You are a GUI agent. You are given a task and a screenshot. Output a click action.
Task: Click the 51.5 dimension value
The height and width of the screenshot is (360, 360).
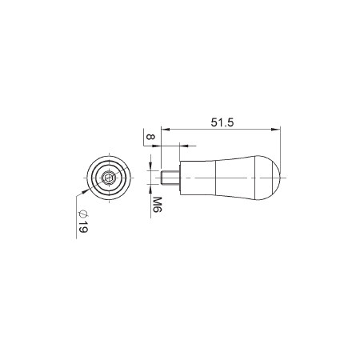point(222,122)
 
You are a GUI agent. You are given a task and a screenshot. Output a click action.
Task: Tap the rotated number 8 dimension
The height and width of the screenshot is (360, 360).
point(150,137)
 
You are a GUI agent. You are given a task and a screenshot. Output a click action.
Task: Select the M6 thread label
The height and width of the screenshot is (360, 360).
point(157,205)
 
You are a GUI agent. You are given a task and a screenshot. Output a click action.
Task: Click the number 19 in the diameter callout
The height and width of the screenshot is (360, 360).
point(83,226)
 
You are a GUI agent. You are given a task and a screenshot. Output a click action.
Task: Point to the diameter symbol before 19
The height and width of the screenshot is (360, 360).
point(83,214)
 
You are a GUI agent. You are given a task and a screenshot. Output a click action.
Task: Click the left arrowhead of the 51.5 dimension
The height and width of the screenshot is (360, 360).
point(166,130)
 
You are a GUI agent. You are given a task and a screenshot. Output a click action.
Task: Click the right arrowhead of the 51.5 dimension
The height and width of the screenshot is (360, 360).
point(276,130)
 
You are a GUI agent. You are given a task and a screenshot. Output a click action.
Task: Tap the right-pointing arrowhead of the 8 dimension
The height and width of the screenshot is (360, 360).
point(157,146)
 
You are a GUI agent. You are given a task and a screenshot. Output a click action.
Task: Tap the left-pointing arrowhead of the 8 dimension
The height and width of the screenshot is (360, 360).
point(184,146)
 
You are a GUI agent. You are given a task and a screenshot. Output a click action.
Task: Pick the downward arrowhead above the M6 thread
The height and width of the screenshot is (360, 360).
point(151,166)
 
